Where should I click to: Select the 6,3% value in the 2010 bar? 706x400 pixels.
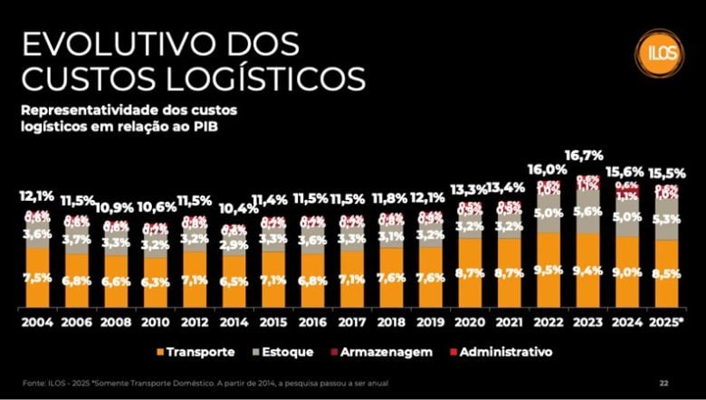pos(156,282)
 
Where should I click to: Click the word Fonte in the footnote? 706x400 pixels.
pos(33,383)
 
